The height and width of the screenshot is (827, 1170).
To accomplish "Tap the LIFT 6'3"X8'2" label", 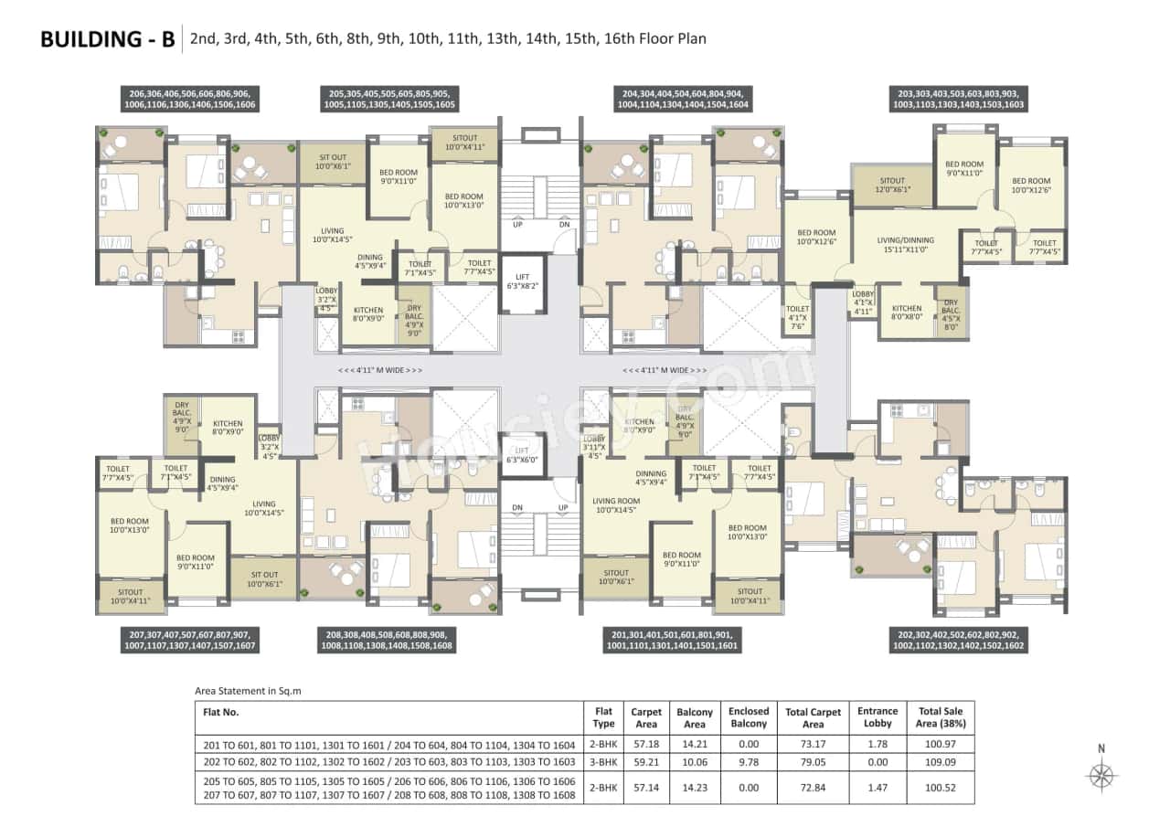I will point(522,281).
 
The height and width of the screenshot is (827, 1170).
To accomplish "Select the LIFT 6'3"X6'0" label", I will point(522,455).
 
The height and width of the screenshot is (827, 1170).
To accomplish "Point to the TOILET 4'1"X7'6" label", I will point(797,319).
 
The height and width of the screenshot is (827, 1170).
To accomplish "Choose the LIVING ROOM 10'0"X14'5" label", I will point(615,505).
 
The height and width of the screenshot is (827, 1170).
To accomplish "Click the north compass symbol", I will point(1101,773).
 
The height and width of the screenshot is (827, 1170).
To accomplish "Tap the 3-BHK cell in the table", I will point(603,760).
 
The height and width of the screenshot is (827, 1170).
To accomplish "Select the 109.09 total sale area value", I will point(941,760).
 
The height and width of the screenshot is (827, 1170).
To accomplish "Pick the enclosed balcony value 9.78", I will point(749,760).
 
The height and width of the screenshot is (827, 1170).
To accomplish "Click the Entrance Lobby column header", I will point(877,717).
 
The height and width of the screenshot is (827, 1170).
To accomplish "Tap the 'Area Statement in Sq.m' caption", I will point(248,691).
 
